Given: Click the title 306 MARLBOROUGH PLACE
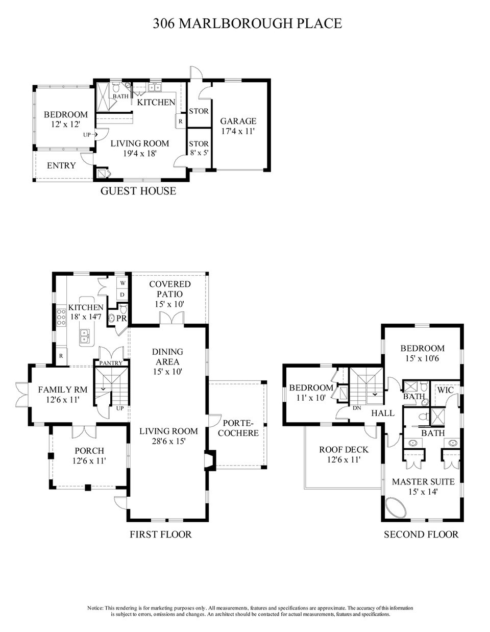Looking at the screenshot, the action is click(247, 23).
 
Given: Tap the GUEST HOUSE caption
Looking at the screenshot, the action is click(138, 191).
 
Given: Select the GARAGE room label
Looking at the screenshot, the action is click(238, 121).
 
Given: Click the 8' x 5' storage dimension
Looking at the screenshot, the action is click(199, 152).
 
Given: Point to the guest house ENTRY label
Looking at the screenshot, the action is click(61, 165).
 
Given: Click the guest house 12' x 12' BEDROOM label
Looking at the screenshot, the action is click(65, 119).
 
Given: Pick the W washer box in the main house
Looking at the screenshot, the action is click(123, 282).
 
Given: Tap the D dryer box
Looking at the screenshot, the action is click(123, 295).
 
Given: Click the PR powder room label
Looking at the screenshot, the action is click(121, 318).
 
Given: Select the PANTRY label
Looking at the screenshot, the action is click(111, 363).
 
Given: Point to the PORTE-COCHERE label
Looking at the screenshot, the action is click(241, 428).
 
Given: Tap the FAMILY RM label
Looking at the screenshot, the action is click(63, 390).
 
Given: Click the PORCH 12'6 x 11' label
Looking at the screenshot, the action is click(89, 455).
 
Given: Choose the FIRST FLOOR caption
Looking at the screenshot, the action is click(161, 534).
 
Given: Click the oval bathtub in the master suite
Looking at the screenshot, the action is click(400, 508).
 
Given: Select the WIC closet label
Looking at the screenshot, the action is click(445, 390).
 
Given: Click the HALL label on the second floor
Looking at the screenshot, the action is click(383, 412).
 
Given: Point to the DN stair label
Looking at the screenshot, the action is click(356, 407).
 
